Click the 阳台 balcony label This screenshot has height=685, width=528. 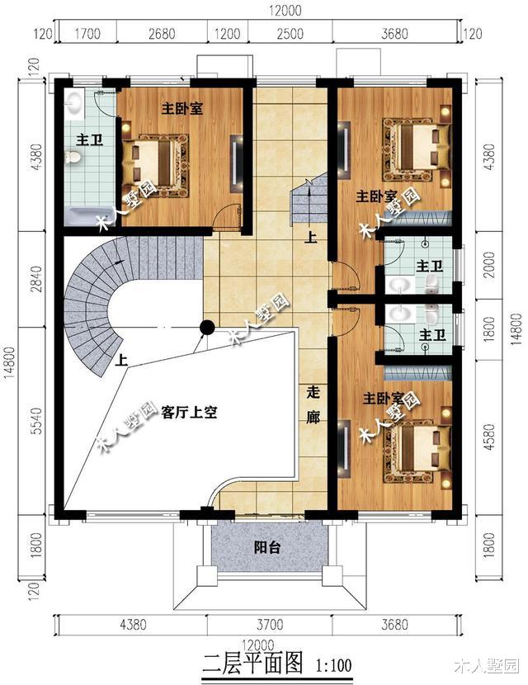[266, 546]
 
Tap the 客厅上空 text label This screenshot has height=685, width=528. [189, 412]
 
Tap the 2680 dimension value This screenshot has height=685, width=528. [163, 34]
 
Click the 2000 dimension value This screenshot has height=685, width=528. [493, 267]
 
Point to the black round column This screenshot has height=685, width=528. [206, 328]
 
